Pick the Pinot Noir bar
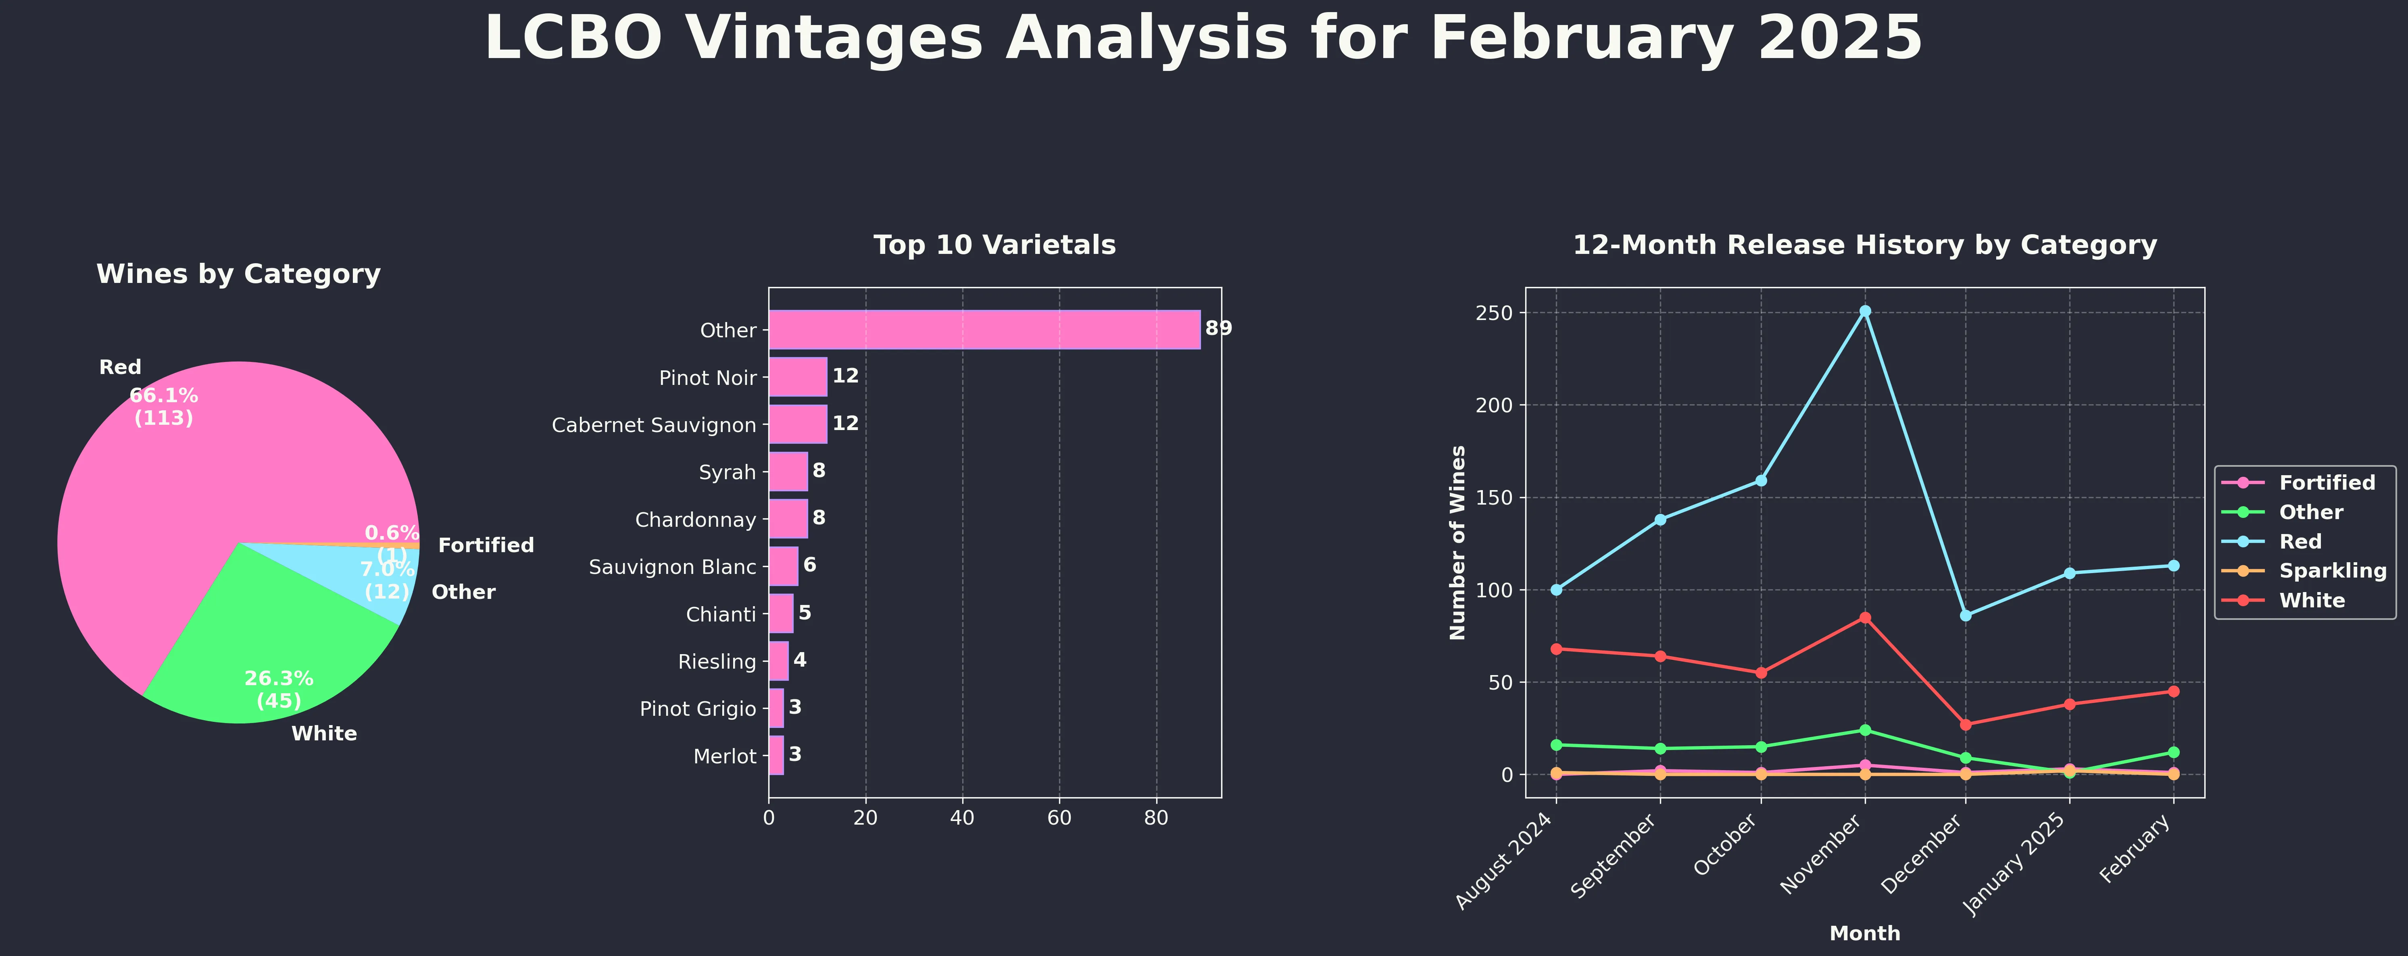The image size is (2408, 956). (x=797, y=376)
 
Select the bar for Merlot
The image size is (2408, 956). (x=776, y=755)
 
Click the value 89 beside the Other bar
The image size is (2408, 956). (x=1218, y=329)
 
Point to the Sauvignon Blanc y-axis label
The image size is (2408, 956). (x=672, y=567)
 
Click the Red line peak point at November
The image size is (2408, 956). (x=1865, y=311)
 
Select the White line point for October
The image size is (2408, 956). (x=1761, y=673)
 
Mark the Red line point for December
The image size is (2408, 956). (x=1966, y=615)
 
